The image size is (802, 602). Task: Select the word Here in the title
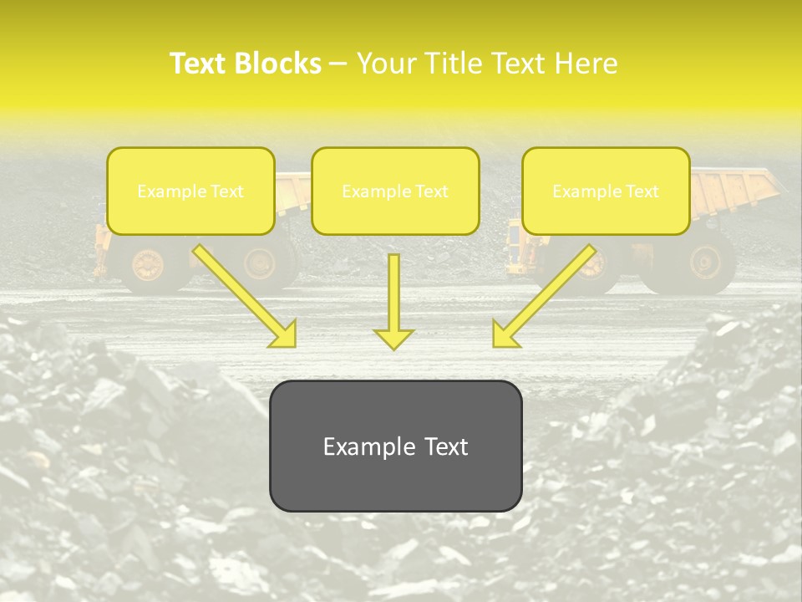(585, 64)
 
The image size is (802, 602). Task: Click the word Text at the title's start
(199, 64)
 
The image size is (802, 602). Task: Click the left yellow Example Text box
(190, 191)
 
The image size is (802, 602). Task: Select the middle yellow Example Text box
(395, 191)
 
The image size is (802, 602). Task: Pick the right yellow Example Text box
(606, 191)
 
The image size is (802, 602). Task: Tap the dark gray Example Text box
(395, 446)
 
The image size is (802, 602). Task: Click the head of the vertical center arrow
(393, 338)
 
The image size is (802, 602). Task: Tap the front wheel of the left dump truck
(149, 264)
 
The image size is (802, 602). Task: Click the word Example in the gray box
(361, 446)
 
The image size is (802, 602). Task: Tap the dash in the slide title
(338, 64)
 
